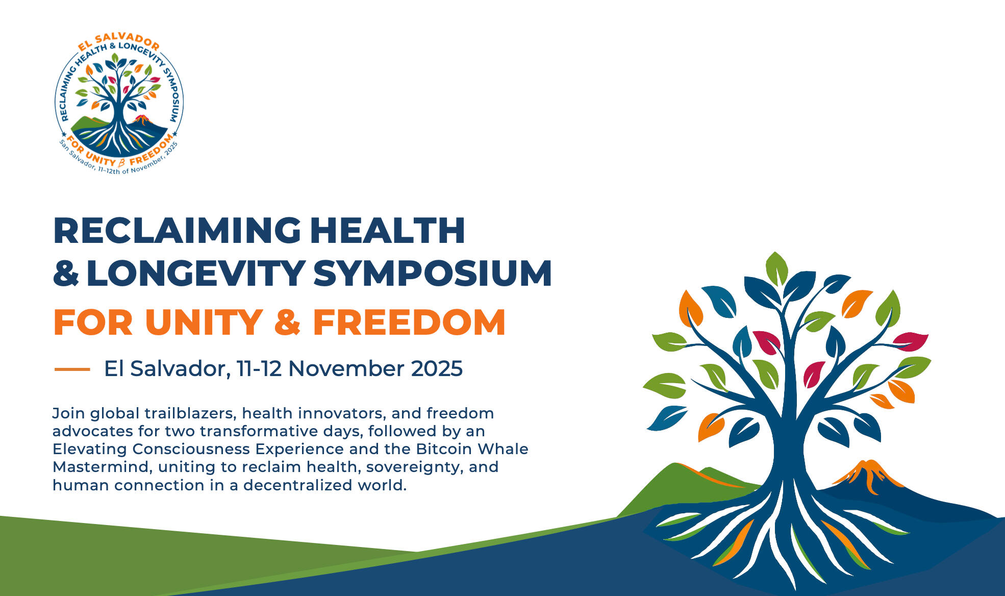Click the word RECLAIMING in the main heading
pyautogui.click(x=177, y=231)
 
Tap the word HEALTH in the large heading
pyautogui.click(x=388, y=231)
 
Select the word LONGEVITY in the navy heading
pyautogui.click(x=196, y=274)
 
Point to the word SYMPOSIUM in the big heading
pyautogui.click(x=433, y=274)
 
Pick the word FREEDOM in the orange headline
pyautogui.click(x=409, y=322)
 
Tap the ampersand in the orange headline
pyautogui.click(x=288, y=322)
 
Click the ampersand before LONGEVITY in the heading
pyautogui.click(x=66, y=274)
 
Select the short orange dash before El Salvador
pyautogui.click(x=72, y=369)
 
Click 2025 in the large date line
pyautogui.click(x=437, y=368)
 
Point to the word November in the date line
pyautogui.click(x=346, y=368)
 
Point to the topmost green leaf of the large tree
pyautogui.click(x=776, y=268)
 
